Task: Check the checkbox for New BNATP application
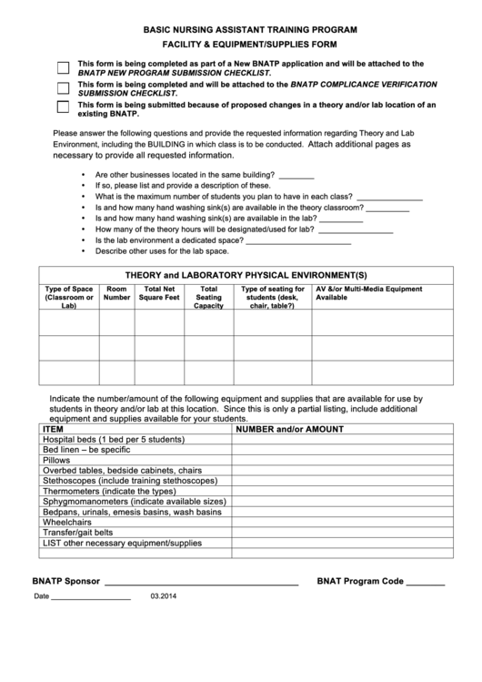[x=63, y=68]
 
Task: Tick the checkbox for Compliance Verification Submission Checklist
[x=63, y=88]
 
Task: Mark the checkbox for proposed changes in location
[x=63, y=108]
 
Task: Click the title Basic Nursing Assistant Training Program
[x=250, y=30]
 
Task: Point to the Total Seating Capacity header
[x=208, y=297]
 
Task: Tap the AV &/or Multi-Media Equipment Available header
[x=368, y=293]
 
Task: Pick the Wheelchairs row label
[x=67, y=522]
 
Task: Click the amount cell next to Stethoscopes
[x=343, y=481]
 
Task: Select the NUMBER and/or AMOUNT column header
[x=290, y=428]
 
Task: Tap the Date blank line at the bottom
[x=90, y=599]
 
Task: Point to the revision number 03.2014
[x=165, y=596]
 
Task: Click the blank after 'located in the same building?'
[x=296, y=177]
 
